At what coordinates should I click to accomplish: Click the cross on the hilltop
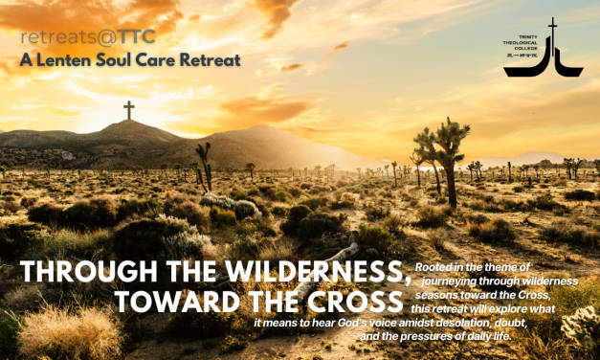[x=128, y=110]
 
